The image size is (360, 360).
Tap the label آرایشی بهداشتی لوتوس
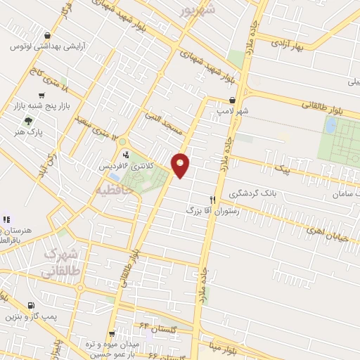33,46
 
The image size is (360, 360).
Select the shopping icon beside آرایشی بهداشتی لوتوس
46,35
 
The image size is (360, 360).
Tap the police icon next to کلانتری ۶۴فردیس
126,155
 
